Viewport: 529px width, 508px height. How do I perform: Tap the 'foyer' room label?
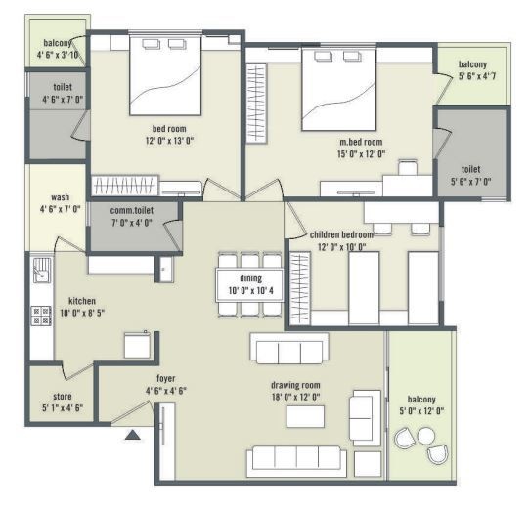(166, 378)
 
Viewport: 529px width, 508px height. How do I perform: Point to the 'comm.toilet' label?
(133, 210)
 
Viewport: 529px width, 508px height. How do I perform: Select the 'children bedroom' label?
(343, 235)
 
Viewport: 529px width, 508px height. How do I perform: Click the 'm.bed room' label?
(361, 142)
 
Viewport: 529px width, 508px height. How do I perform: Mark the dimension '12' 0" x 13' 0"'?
(169, 141)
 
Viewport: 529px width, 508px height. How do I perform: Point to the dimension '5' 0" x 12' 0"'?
(421, 411)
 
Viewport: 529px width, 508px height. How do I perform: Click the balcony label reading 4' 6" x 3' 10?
(58, 55)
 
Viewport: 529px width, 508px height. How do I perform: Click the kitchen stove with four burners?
(42, 314)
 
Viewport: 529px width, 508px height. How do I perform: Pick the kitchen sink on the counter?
(41, 269)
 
